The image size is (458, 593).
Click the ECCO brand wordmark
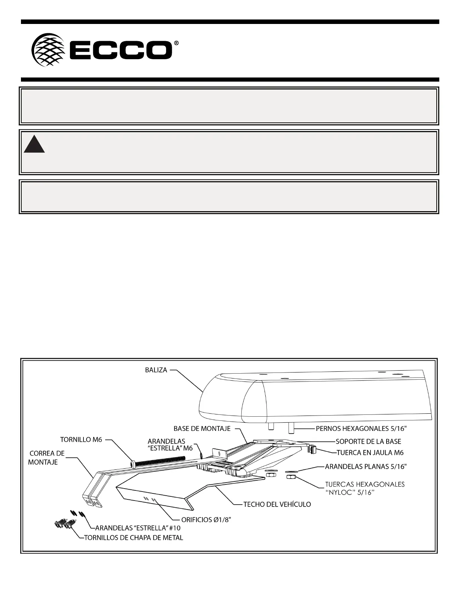point(120,51)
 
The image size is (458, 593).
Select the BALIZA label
point(156,370)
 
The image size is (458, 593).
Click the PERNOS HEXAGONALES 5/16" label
point(361,429)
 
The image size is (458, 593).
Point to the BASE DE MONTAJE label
point(202,428)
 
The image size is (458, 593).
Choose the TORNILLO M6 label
point(81,440)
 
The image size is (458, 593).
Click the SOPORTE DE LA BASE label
point(368,442)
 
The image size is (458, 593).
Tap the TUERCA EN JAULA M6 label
point(370,453)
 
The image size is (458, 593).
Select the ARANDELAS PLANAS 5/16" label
point(366,466)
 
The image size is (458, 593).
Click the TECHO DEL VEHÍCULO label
point(277,504)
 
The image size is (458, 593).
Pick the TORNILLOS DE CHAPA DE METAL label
point(134,538)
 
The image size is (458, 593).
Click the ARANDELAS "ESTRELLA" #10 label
point(138,528)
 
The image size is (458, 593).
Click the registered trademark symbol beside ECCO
point(176,43)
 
